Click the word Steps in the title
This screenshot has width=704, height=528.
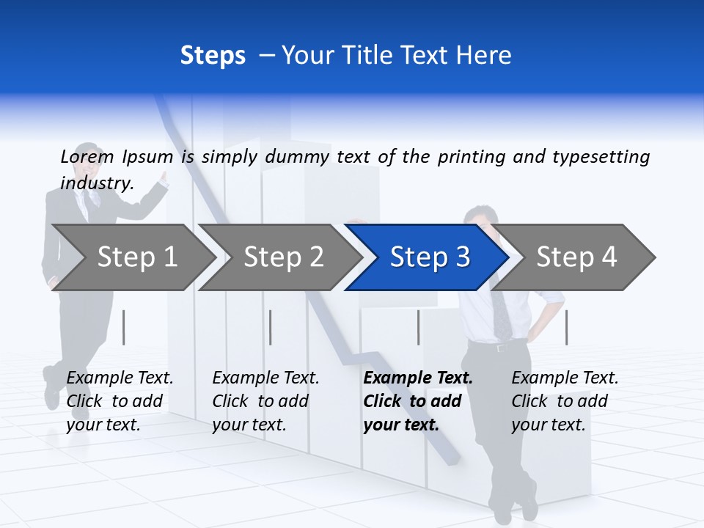point(213,56)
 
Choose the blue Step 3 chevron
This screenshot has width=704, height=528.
point(430,257)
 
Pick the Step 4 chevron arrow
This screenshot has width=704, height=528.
point(576,257)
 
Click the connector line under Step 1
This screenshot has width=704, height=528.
point(124,327)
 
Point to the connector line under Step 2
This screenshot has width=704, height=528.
point(271,327)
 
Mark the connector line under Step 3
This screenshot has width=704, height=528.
point(418,327)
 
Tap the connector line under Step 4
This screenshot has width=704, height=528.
point(566,327)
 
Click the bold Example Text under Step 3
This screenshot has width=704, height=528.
point(418,400)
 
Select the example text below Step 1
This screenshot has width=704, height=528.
point(120,400)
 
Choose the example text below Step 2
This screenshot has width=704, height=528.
point(265,400)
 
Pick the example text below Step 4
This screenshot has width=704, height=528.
point(565,400)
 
